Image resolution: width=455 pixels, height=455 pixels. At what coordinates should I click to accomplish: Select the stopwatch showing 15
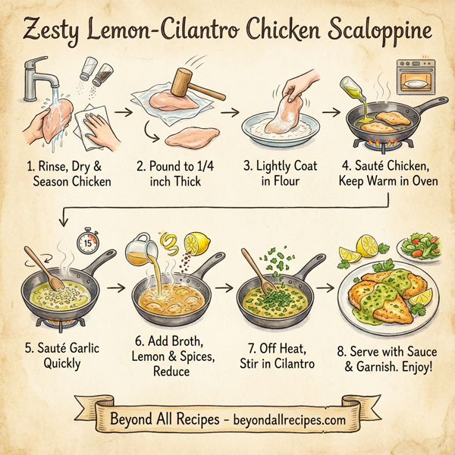pos(89,243)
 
